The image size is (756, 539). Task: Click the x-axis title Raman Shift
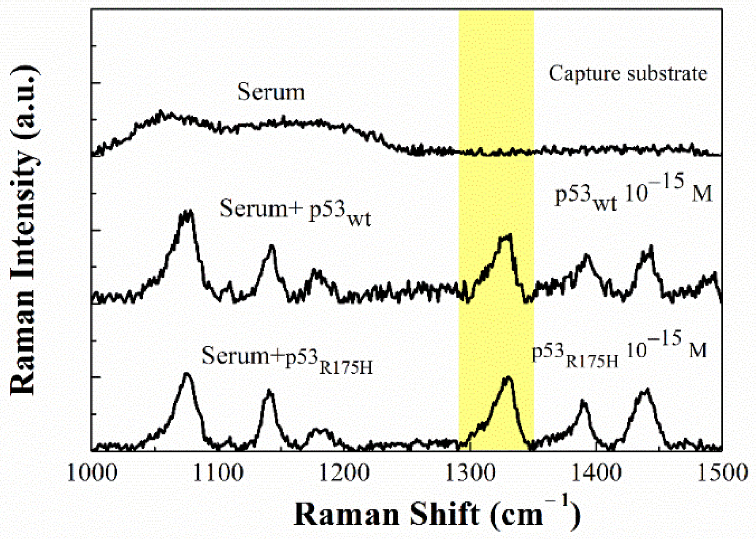[437, 514]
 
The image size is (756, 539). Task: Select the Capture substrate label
[628, 74]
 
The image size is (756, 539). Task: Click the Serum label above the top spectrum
[271, 92]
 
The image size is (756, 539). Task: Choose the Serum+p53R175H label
[287, 359]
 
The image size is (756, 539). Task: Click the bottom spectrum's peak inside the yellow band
[508, 377]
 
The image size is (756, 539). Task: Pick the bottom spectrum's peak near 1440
[646, 390]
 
